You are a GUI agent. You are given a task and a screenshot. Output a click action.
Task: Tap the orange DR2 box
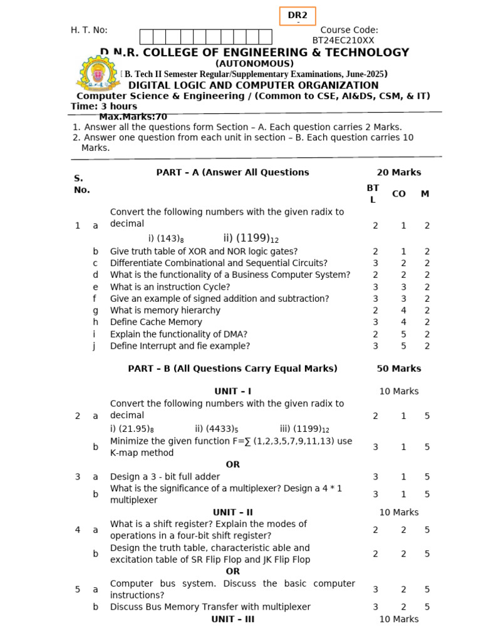tap(297, 16)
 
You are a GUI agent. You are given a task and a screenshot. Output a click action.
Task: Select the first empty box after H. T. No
tap(146, 36)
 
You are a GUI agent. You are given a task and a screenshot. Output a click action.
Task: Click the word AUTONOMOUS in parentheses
tap(254, 64)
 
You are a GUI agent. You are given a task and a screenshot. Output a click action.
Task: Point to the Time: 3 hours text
tap(104, 106)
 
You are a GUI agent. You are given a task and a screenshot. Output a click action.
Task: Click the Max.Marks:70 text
tap(133, 116)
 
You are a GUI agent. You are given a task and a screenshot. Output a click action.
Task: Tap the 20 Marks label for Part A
tap(398, 172)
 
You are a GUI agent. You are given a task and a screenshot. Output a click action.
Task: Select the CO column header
tap(398, 194)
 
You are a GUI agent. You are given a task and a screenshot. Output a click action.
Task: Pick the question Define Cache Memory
tap(156, 322)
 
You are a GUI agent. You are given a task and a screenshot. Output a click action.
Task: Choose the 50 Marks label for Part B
tap(398, 369)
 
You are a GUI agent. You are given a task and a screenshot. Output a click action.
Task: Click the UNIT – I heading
tap(232, 391)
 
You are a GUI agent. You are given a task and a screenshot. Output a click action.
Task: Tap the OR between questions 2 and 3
tap(232, 464)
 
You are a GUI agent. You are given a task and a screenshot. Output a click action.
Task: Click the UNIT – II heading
tap(232, 512)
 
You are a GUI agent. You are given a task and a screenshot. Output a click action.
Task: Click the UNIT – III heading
tap(232, 619)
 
